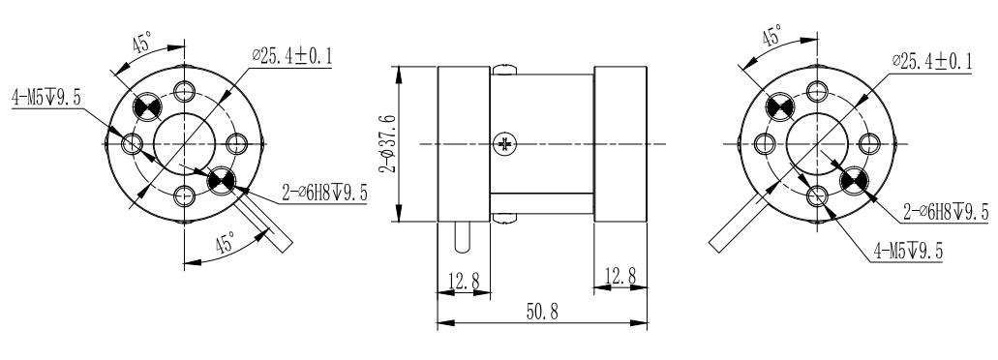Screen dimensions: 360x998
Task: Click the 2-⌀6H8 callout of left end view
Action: (x=324, y=194)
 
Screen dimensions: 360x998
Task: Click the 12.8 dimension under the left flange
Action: (x=465, y=281)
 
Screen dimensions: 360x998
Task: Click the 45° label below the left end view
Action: (x=225, y=246)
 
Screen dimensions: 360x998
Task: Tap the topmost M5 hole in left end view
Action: (x=183, y=92)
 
